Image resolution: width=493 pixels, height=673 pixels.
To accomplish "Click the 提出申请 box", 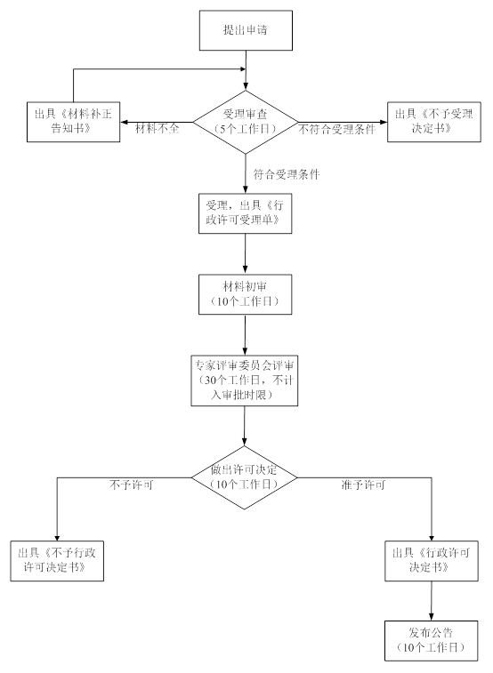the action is pos(246,30).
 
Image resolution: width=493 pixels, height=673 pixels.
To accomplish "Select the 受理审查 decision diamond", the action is pos(246,122).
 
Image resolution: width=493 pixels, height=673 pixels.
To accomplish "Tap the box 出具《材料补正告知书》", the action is pos(74,122).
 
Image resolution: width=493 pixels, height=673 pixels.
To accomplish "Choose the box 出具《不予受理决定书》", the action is pos(434,122).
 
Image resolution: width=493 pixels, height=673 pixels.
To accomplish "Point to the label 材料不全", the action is pos(158,128).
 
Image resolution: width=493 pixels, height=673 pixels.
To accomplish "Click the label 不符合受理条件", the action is pos(337,129).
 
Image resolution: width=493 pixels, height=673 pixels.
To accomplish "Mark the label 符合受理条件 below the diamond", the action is pos(287,174).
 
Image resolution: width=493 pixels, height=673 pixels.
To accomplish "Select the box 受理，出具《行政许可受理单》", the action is pos(246,213).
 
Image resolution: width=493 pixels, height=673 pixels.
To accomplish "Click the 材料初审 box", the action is pos(246,294).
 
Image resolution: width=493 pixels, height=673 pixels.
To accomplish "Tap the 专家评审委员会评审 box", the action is pos(245,381).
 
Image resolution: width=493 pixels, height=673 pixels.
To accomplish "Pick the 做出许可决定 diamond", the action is pos(244,477).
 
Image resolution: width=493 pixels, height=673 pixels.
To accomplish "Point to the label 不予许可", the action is pos(132,485).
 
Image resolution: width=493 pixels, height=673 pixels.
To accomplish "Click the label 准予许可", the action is pos(363,485).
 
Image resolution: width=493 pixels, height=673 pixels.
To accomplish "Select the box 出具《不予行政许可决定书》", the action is pos(57,561).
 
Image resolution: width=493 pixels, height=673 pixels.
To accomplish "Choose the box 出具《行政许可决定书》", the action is pos(432,561).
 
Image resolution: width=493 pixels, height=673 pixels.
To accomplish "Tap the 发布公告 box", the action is pos(432,641).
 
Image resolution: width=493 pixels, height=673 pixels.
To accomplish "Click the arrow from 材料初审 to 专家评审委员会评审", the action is pos(246,335).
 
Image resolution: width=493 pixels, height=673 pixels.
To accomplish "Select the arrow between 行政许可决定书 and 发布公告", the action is pos(432,601).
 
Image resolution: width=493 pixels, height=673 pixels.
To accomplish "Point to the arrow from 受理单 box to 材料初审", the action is pos(246,254).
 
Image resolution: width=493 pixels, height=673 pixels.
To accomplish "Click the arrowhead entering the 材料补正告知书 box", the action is pos(124,123).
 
